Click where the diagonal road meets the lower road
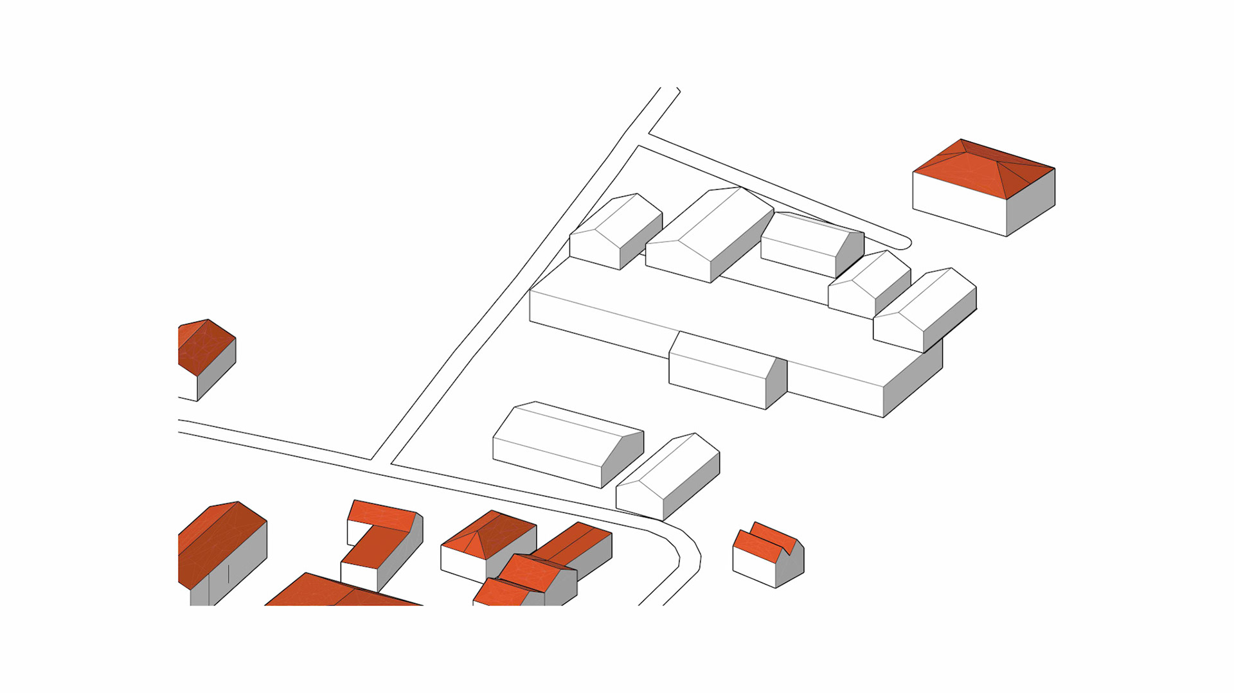coord(381,461)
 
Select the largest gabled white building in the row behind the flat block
coord(710,234)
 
